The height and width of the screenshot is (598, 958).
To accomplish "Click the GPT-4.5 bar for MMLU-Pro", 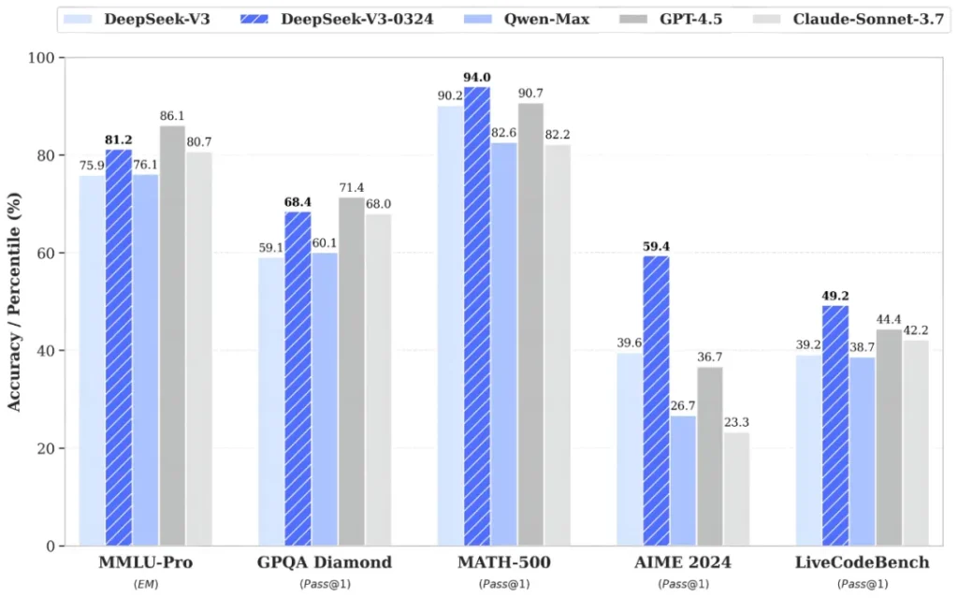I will (172, 337).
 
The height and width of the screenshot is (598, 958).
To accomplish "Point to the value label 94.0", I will (477, 78).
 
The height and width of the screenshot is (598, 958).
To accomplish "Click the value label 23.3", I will (736, 422).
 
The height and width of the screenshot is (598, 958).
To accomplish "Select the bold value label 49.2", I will (835, 297).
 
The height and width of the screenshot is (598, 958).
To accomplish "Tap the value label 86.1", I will (172, 116).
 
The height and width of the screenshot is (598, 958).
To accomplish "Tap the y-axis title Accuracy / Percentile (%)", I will (15, 301).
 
